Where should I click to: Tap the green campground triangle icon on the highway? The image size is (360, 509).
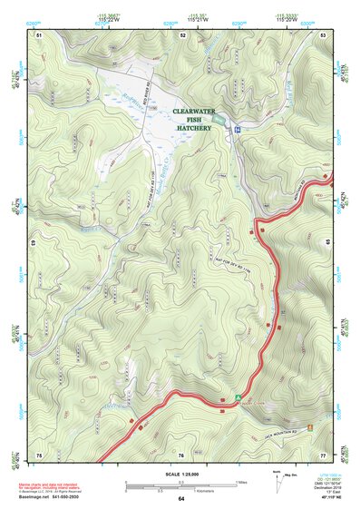pos(238,397)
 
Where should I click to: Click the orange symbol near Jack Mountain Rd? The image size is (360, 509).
pos(310,426)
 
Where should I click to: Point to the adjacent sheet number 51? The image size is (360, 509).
pos(39,34)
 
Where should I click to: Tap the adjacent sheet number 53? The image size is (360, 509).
pos(323,34)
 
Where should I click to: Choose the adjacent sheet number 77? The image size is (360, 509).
pos(323,453)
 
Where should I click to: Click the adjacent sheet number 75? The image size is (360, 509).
pos(39,453)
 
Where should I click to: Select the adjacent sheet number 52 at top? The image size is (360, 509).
pos(183,34)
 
